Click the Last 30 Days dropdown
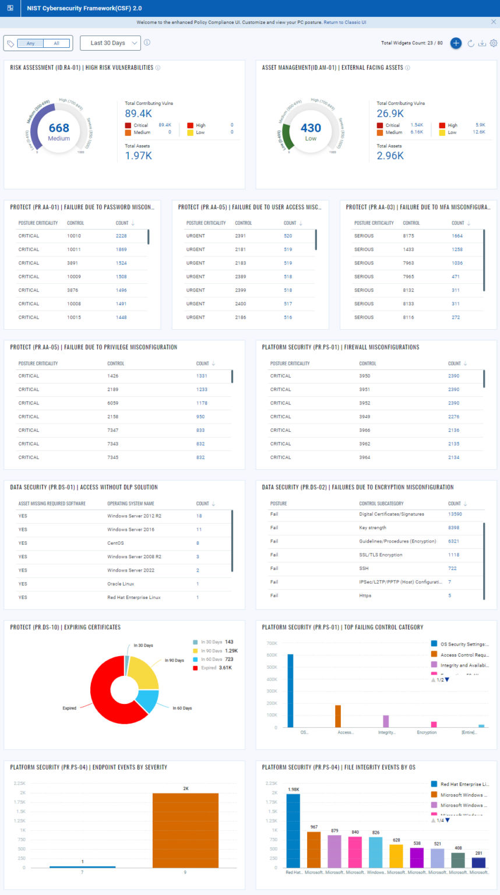110,43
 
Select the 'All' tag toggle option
57,43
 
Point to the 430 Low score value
311,128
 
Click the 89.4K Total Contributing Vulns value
138,114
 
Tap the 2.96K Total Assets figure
390,156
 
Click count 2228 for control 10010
121,236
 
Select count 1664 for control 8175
457,236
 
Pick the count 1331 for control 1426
202,376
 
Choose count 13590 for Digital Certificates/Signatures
455,514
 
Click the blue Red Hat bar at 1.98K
293,831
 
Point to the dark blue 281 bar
479,862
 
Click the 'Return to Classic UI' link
345,22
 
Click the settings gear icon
494,43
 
